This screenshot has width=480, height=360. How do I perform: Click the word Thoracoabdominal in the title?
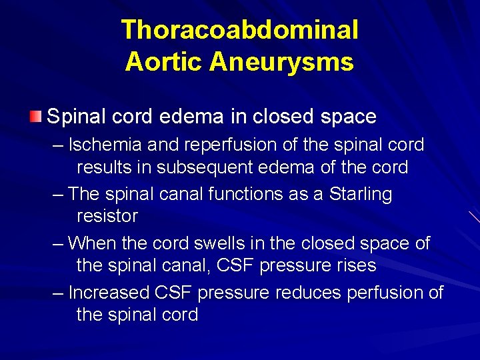pos(240,30)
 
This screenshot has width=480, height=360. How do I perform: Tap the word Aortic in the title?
pos(163,62)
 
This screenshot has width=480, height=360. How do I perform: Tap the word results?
pos(107,167)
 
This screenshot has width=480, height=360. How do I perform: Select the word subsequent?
pos(201,167)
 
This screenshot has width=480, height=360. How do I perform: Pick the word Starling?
pos(361,194)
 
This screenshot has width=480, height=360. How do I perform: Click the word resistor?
pos(107,216)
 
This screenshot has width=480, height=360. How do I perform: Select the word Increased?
pos(109,293)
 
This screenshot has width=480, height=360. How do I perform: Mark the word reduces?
pos(307,293)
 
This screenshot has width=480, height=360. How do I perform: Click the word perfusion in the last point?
pos(385,293)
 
